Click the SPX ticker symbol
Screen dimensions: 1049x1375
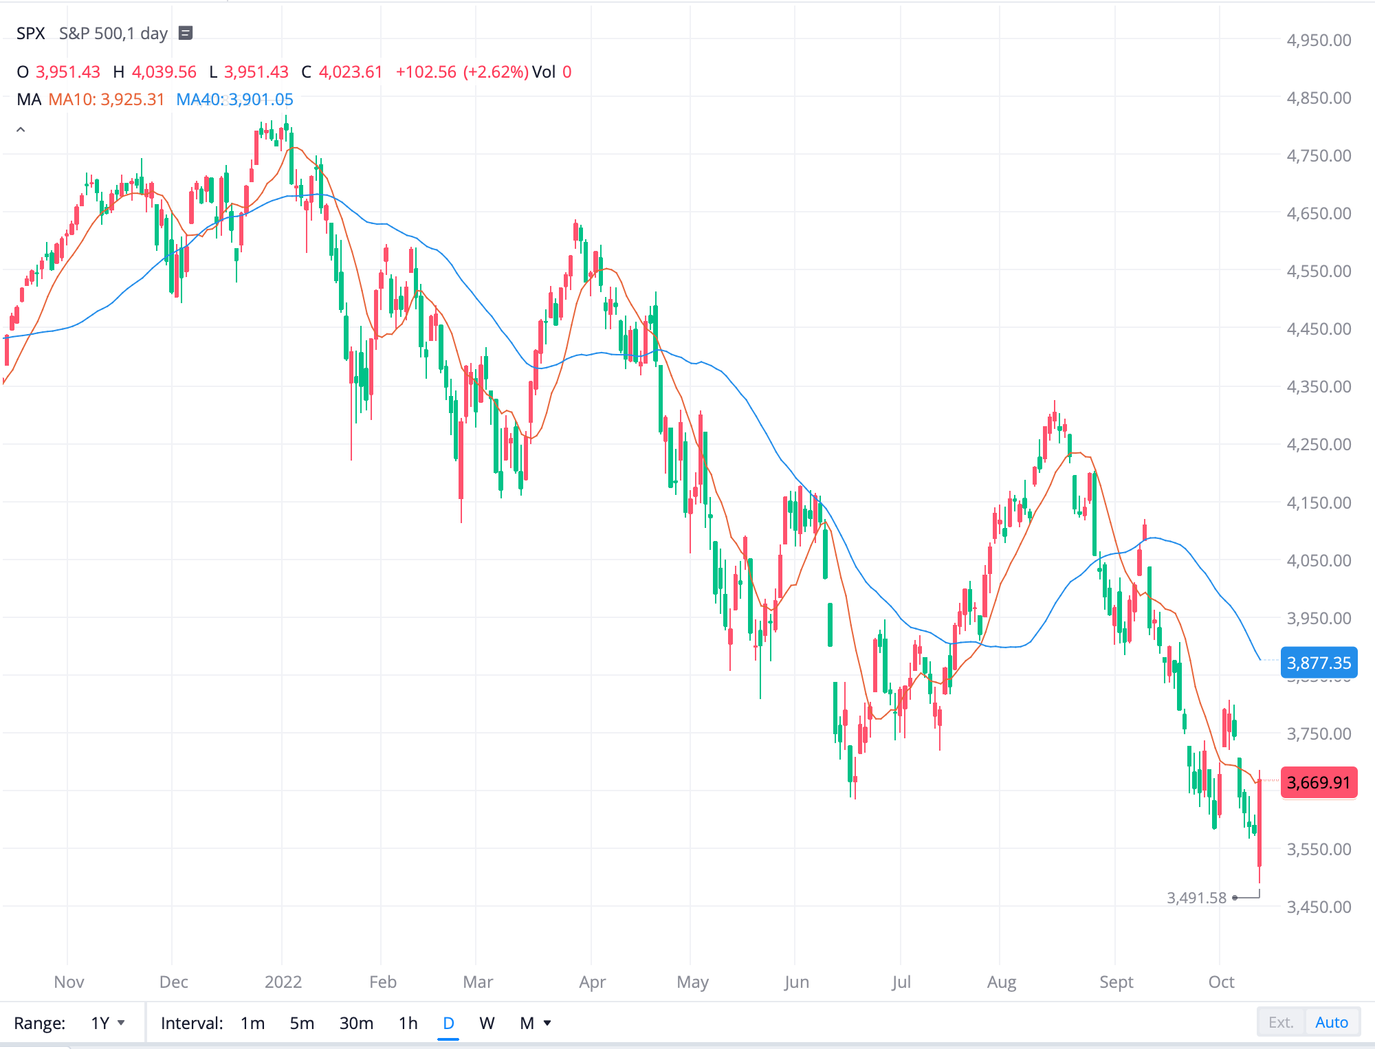click(x=31, y=34)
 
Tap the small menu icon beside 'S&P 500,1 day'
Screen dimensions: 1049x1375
click(x=186, y=33)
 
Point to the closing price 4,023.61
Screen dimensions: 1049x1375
click(x=350, y=72)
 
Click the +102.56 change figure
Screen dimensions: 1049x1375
click(x=426, y=72)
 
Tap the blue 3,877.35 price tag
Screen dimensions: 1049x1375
click(x=1318, y=663)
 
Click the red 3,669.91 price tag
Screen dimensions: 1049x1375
click(x=1318, y=782)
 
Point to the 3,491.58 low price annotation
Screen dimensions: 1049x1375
click(x=1196, y=898)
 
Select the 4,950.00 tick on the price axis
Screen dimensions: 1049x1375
click(x=1319, y=40)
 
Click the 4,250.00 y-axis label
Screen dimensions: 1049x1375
click(x=1319, y=444)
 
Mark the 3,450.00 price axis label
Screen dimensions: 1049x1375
click(x=1319, y=907)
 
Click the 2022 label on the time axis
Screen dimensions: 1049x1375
click(x=283, y=982)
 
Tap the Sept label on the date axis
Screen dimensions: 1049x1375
click(x=1116, y=982)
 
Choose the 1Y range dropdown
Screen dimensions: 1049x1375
click(x=108, y=1023)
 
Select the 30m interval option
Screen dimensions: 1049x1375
click(x=356, y=1023)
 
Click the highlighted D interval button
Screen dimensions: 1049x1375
click(x=448, y=1023)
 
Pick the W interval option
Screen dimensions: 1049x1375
click(x=487, y=1023)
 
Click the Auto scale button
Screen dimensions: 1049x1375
click(x=1331, y=1022)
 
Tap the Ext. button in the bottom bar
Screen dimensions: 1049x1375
click(x=1280, y=1022)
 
